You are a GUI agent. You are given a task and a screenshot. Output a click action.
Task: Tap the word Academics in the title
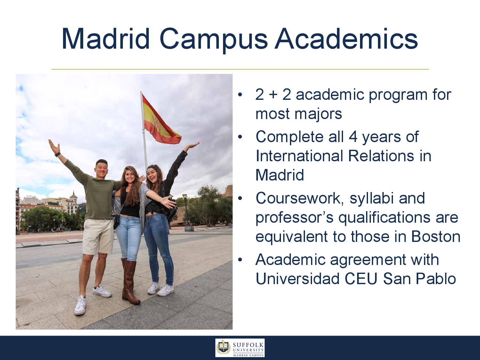[346, 38]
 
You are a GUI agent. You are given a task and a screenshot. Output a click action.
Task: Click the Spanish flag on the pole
[160, 119]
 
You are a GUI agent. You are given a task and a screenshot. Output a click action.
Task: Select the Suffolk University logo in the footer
[240, 348]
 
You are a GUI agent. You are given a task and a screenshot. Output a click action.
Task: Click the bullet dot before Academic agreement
[240, 260]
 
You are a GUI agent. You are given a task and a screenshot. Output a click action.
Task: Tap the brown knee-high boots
[130, 281]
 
